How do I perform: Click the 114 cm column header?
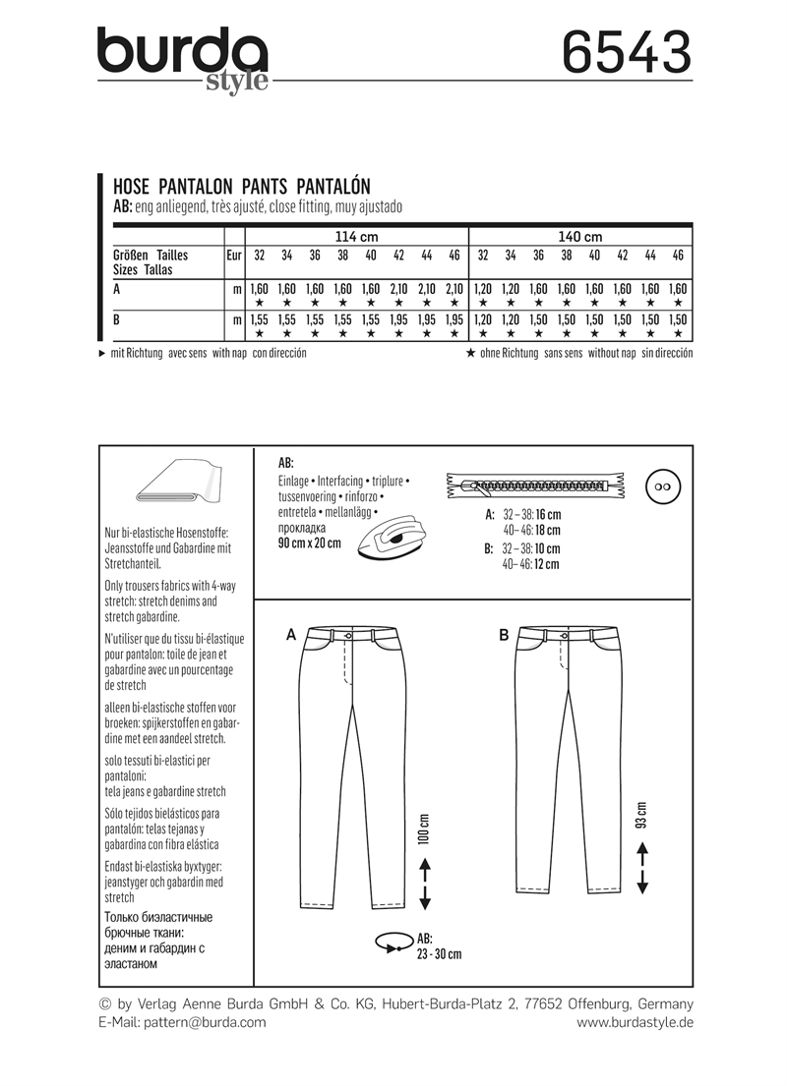pos(355,237)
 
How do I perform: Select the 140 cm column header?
pos(579,237)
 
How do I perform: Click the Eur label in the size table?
pos(233,256)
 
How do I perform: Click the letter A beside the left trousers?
pos(291,636)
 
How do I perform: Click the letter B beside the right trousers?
pos(504,636)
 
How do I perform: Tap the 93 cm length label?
pos(642,815)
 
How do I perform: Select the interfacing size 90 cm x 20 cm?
pos(310,543)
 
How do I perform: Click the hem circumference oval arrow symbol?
pos(392,943)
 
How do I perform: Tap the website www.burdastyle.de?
pos(635,1022)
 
